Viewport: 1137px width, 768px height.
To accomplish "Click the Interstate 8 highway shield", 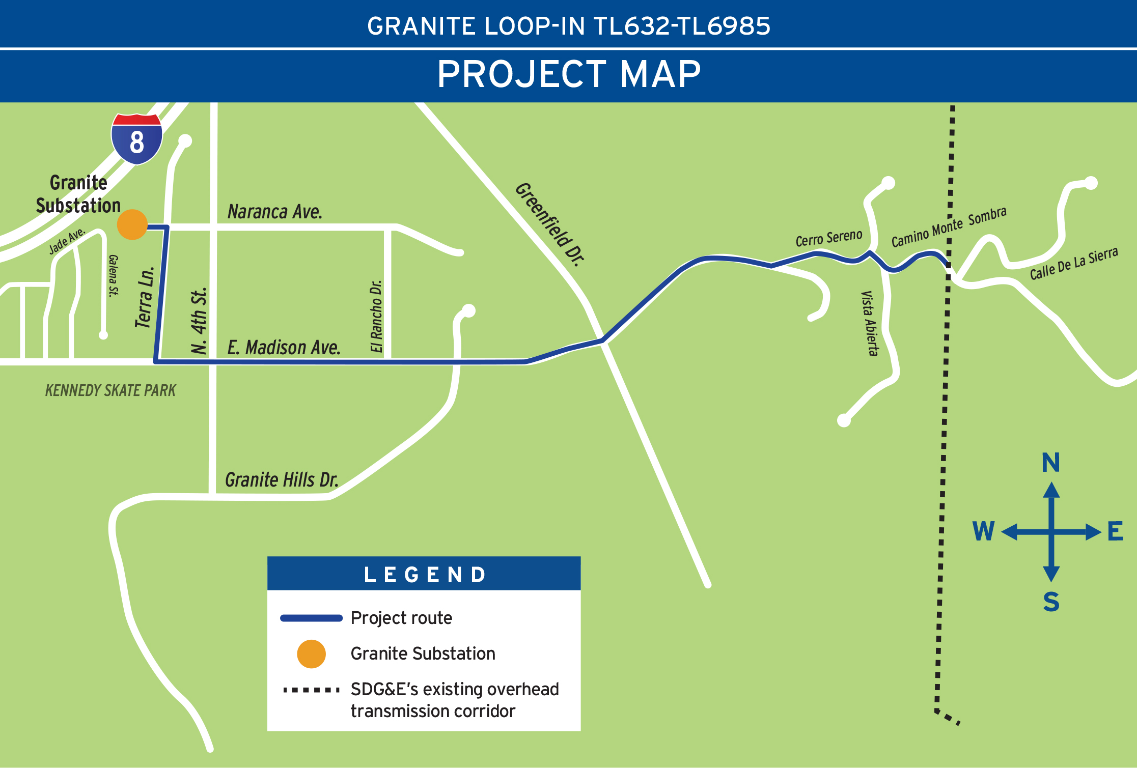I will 136,139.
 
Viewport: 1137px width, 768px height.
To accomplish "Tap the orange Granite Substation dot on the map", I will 132,224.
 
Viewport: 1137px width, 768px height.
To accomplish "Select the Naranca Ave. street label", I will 274,212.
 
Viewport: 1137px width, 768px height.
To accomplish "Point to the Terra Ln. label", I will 145,297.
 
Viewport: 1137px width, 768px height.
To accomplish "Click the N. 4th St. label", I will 199,321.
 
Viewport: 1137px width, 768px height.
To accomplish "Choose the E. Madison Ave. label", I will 284,348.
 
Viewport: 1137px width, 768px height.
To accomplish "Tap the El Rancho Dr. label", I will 376,316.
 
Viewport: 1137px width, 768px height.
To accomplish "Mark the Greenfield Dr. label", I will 550,224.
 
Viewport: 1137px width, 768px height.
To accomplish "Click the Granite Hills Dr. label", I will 282,480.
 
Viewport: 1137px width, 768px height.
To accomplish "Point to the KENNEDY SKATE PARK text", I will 110,390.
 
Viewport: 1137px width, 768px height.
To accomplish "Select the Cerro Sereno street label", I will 829,238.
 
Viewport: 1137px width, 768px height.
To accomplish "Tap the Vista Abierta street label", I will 870,323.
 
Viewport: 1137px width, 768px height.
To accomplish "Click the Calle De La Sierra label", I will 1074,263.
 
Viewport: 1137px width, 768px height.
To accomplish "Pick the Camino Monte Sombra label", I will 949,226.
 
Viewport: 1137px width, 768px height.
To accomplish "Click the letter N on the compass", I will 1051,463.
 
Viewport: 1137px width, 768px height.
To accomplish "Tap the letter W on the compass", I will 983,531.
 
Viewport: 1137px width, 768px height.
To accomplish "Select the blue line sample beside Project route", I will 311,618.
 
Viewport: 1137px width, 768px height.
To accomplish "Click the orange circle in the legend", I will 311,654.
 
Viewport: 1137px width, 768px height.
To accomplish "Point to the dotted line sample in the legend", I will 311,690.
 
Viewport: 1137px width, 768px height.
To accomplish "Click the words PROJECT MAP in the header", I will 569,74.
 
